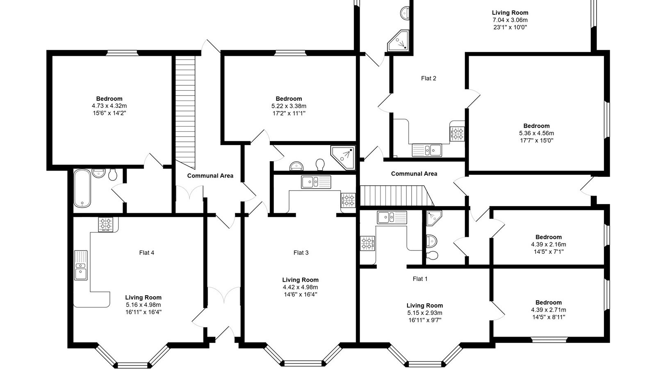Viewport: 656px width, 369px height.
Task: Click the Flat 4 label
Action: point(146,253)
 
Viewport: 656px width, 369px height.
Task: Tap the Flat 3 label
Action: point(301,253)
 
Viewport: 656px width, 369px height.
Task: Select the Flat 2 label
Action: point(428,78)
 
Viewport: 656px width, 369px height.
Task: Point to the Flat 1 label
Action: point(420,279)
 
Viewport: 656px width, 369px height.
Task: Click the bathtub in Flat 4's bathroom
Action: point(82,188)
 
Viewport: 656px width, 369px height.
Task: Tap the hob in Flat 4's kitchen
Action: point(105,225)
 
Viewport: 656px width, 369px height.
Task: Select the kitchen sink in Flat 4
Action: point(80,265)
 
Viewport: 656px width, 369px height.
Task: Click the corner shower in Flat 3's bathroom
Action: point(343,158)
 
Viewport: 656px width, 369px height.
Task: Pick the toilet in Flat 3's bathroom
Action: point(320,164)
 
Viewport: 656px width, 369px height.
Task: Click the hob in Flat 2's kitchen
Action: point(457,134)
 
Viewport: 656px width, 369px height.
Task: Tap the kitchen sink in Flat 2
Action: point(427,150)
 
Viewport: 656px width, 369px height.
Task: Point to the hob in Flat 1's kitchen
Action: point(367,244)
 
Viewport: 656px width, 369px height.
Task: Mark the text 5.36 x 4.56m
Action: point(537,133)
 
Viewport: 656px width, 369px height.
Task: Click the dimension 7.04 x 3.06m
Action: point(510,20)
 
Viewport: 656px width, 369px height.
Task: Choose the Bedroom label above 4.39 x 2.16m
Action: point(549,237)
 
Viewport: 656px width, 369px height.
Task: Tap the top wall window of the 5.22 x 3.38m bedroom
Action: point(290,53)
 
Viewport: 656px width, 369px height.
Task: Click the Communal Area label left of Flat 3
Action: point(210,176)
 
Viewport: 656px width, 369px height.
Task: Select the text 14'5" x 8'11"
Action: point(549,317)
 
